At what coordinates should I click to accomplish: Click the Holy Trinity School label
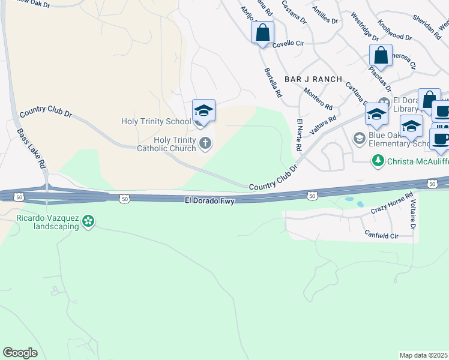pyautogui.click(x=156, y=121)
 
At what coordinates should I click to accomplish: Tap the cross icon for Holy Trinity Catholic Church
pyautogui.click(x=205, y=143)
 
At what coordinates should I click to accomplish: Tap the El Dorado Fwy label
pyautogui.click(x=209, y=199)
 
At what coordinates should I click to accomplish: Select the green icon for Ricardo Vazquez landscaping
pyautogui.click(x=89, y=221)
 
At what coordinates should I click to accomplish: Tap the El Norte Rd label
pyautogui.click(x=300, y=134)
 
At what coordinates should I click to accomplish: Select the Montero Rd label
pyautogui.click(x=318, y=98)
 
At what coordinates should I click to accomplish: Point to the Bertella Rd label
pyautogui.click(x=273, y=83)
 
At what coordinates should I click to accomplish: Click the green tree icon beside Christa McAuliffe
pyautogui.click(x=378, y=160)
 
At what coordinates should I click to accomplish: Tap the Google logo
pyautogui.click(x=20, y=353)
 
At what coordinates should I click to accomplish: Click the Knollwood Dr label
pyautogui.click(x=395, y=29)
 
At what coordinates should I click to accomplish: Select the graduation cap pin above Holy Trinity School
pyautogui.click(x=203, y=111)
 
